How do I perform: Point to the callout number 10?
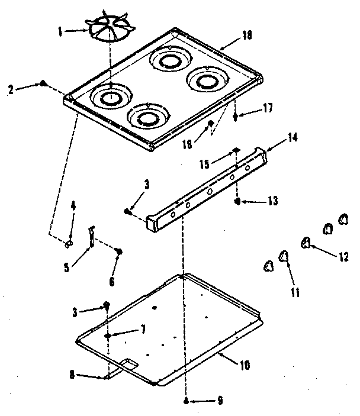[x=245, y=365]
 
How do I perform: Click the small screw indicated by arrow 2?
[x=43, y=83]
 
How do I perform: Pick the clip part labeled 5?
[x=92, y=236]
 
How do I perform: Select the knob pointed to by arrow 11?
[x=284, y=255]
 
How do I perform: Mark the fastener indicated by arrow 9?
[x=187, y=401]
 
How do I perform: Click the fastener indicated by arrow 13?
[x=237, y=202]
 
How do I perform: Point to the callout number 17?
[x=268, y=108]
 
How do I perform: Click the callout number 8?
[x=71, y=374]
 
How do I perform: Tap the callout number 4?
[x=73, y=206]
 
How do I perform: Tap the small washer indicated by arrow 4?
[x=69, y=243]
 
